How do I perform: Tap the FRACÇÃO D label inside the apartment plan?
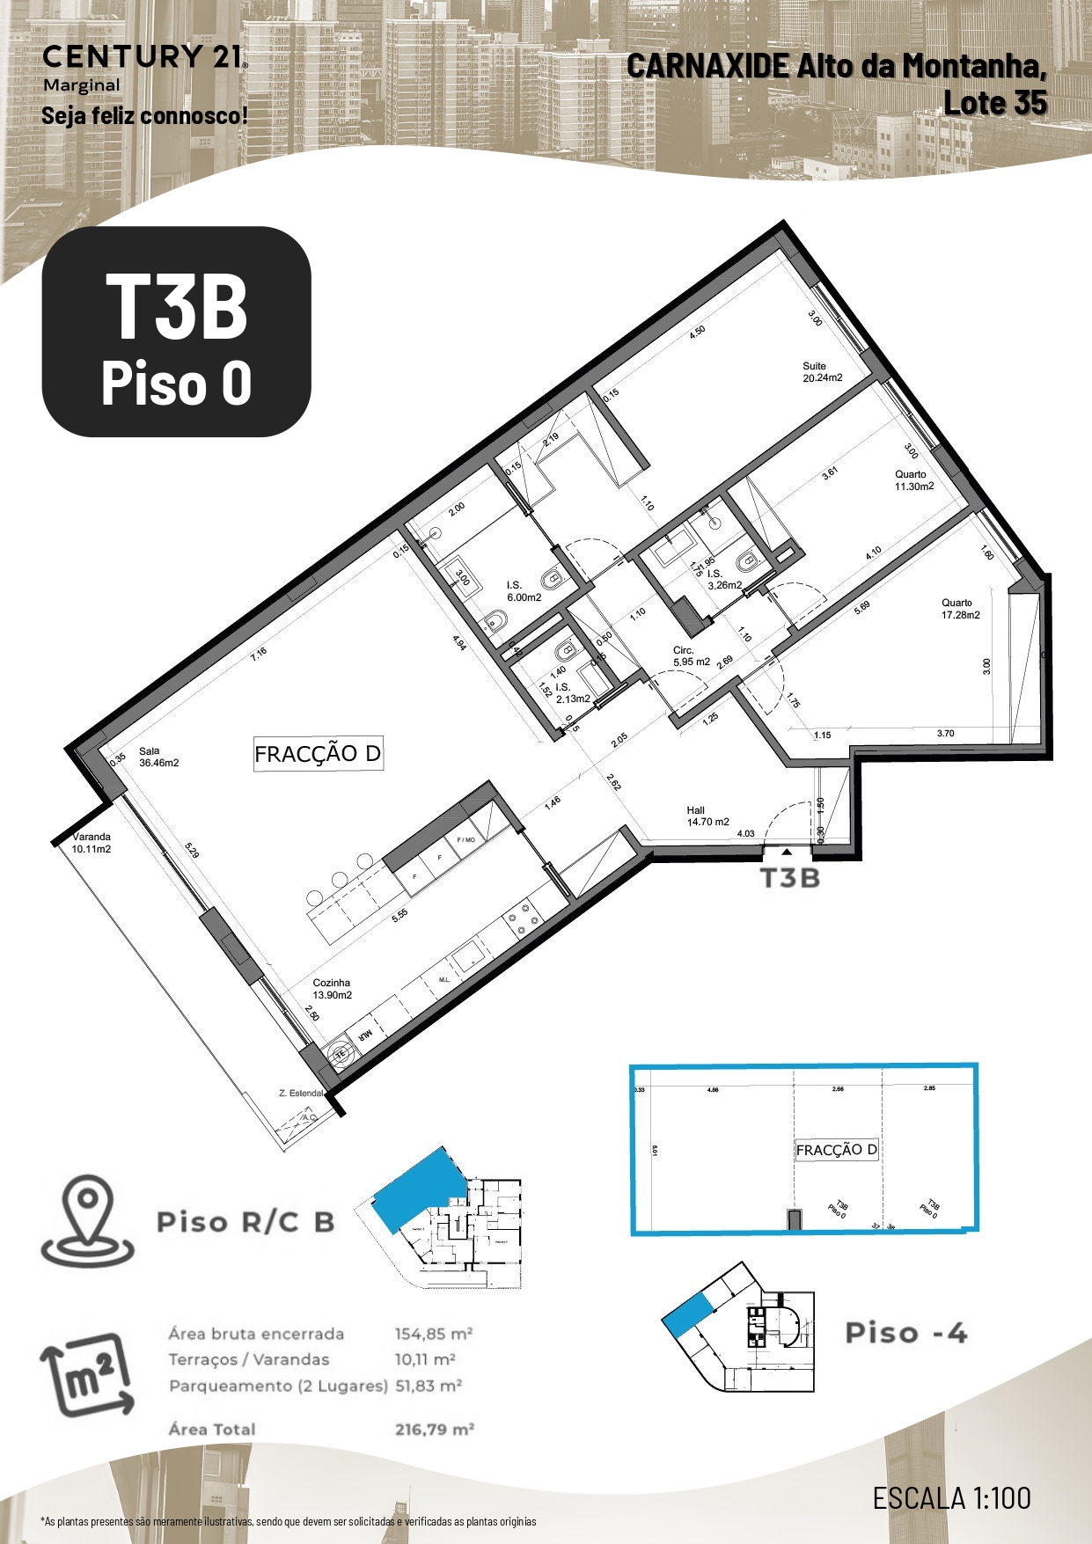point(318,754)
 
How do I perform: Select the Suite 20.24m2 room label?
point(822,372)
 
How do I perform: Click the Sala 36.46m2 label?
point(158,757)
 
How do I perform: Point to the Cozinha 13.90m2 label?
point(332,989)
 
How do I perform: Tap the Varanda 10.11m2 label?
point(92,843)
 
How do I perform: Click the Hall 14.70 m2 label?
point(707,816)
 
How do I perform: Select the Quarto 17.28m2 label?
point(960,609)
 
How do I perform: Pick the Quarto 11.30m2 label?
point(914,480)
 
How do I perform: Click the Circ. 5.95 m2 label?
point(691,656)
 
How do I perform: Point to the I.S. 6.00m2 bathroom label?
point(524,591)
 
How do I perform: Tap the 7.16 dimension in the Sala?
point(258,654)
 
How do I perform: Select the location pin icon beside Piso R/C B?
point(88,1220)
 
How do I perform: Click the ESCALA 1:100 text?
point(951,1497)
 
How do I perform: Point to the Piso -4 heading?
point(905,1333)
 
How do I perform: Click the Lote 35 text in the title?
point(995,103)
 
